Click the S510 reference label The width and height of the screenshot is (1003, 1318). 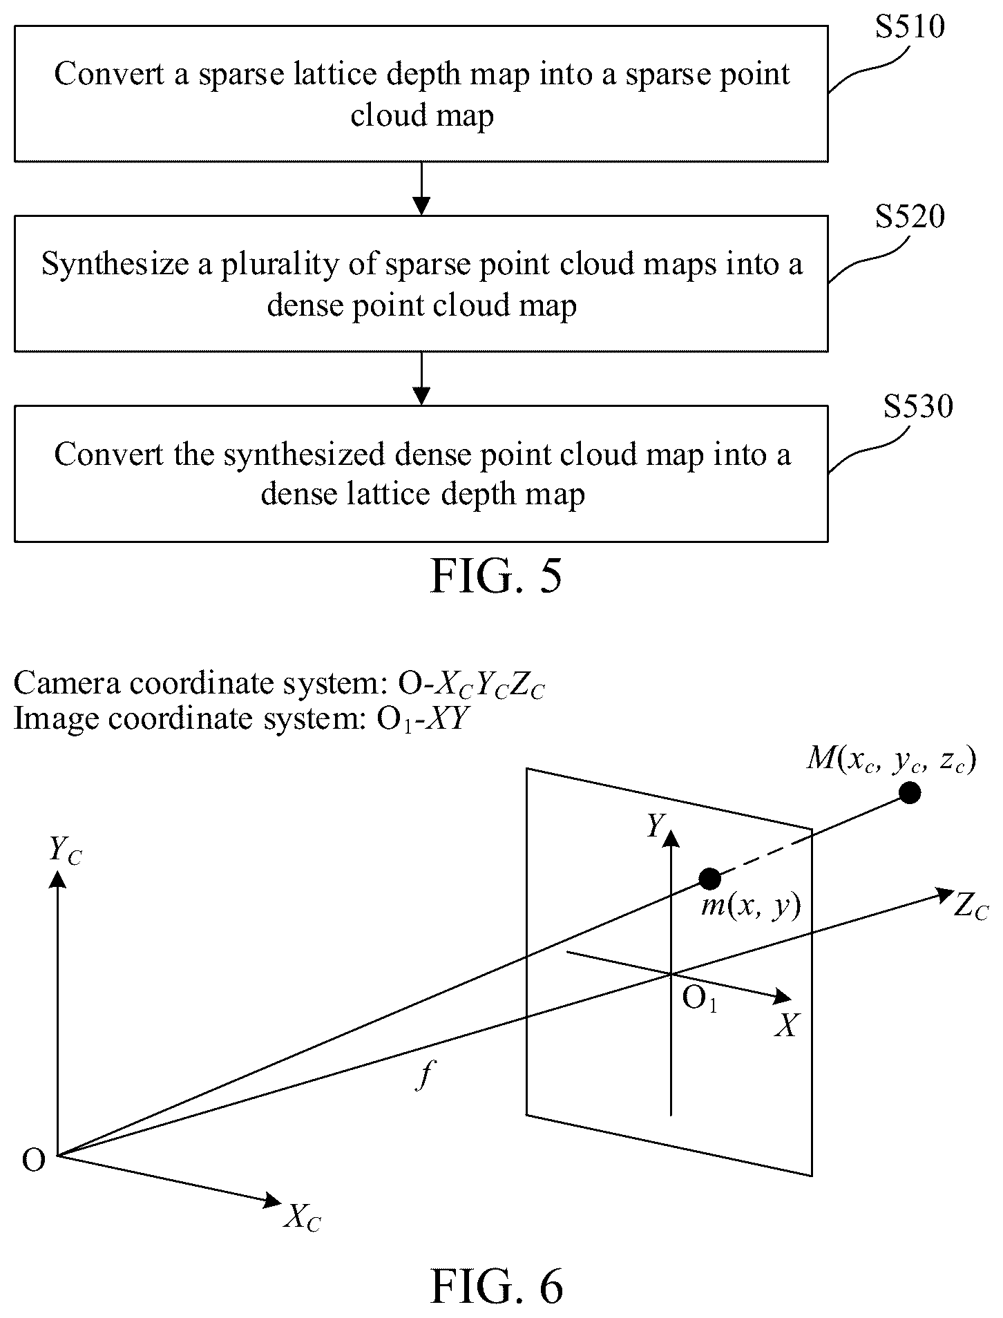tap(909, 26)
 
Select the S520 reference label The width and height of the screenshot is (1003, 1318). tap(909, 216)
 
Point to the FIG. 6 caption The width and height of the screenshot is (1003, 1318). tap(496, 1286)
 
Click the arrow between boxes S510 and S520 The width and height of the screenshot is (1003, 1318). tap(421, 189)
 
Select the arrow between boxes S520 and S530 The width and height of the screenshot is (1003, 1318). tap(421, 379)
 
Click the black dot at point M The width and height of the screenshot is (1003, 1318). tap(910, 793)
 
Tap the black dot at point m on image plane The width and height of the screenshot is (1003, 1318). tap(710, 879)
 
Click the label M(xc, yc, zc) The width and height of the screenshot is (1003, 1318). tap(892, 760)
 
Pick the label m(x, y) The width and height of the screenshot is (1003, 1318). tap(751, 906)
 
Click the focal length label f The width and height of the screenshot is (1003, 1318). tap(426, 1075)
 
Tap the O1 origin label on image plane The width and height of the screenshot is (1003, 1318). tap(700, 998)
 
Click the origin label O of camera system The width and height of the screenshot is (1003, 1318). tap(34, 1161)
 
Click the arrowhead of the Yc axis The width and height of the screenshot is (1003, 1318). tap(59, 878)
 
